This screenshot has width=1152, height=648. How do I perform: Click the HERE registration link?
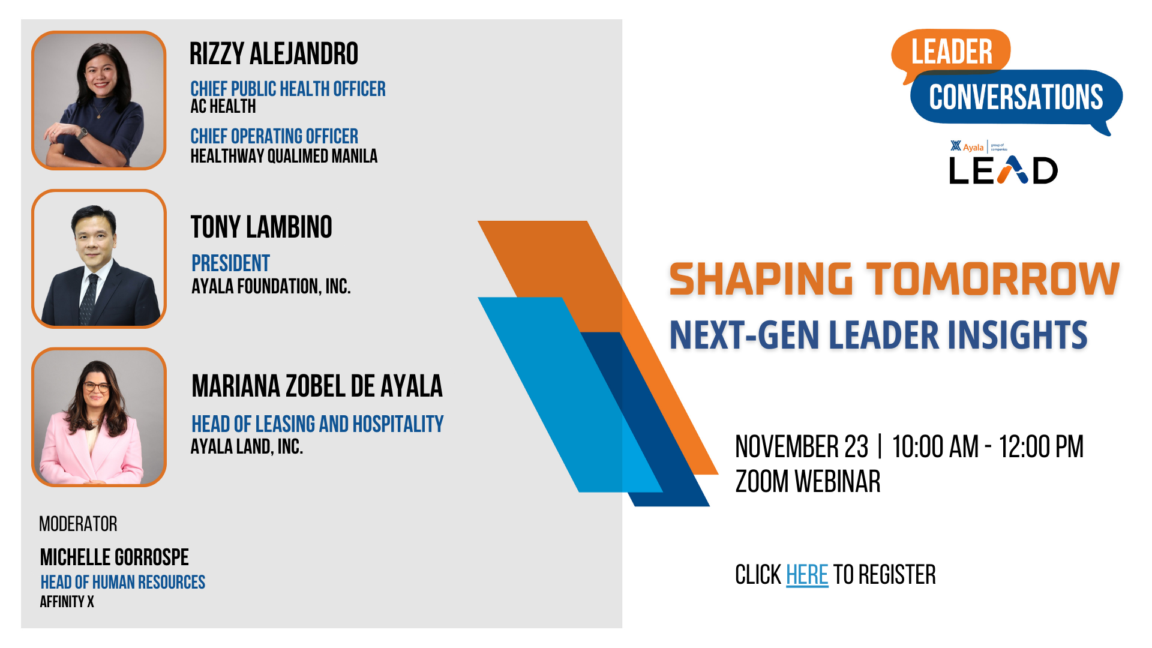pyautogui.click(x=807, y=575)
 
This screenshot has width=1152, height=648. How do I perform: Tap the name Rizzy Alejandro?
pyautogui.click(x=274, y=53)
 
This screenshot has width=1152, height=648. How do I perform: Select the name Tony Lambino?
pyautogui.click(x=261, y=227)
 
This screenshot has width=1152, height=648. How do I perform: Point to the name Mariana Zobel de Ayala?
pyautogui.click(x=317, y=386)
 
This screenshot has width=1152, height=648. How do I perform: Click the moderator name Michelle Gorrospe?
pyautogui.click(x=115, y=557)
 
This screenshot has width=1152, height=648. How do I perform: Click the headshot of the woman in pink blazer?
pyautogui.click(x=99, y=417)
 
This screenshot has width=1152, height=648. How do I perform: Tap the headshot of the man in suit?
pyautogui.click(x=99, y=259)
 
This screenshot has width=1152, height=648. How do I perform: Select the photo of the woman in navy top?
pyautogui.click(x=99, y=100)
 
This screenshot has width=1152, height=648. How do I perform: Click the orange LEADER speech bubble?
pyautogui.click(x=951, y=50)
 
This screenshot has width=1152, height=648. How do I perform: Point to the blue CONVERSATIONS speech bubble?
pyautogui.click(x=1016, y=97)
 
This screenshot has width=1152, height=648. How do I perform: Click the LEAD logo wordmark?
pyautogui.click(x=1003, y=170)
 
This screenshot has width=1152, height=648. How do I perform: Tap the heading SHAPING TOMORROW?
pyautogui.click(x=894, y=279)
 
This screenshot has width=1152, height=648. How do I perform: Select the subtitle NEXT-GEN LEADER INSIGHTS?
pyautogui.click(x=878, y=335)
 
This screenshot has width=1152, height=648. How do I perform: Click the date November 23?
pyautogui.click(x=802, y=447)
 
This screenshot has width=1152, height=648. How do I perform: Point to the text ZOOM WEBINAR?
pyautogui.click(x=808, y=482)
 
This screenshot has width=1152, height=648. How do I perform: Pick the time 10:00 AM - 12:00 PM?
pyautogui.click(x=988, y=447)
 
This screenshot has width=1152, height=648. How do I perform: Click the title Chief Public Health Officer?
pyautogui.click(x=288, y=89)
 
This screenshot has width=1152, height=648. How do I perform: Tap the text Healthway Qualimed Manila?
pyautogui.click(x=284, y=156)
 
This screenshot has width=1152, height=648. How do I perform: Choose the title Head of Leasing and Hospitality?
pyautogui.click(x=317, y=424)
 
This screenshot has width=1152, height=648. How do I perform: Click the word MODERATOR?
pyautogui.click(x=78, y=524)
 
